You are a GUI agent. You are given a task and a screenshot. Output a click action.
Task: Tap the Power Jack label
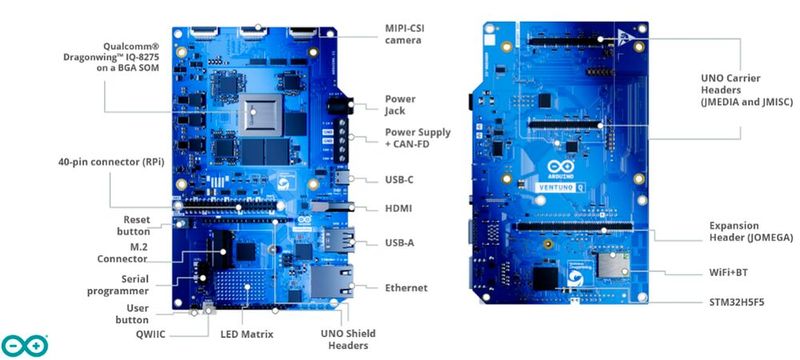click(x=402, y=105)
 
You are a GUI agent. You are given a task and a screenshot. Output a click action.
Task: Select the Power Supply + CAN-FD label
click(x=418, y=139)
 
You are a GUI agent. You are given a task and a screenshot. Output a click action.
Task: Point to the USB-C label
click(x=400, y=180)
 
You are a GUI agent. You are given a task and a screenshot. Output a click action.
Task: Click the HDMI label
click(x=400, y=208)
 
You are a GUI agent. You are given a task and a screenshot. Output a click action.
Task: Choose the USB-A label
click(x=400, y=243)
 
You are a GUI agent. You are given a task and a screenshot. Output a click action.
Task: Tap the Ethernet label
click(x=406, y=288)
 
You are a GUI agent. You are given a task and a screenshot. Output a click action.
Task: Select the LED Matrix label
click(x=247, y=333)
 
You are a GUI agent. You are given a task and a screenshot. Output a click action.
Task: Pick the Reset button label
click(x=136, y=225)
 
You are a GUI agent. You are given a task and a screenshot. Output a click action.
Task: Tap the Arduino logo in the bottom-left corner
click(x=24, y=344)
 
